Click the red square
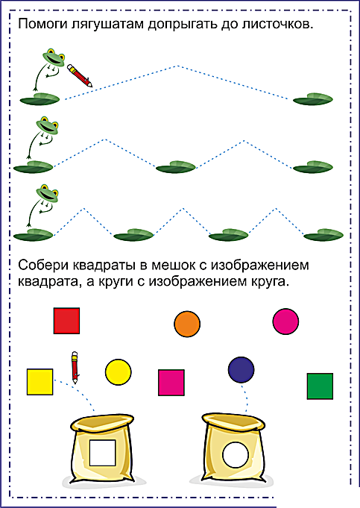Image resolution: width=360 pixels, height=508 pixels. click(x=66, y=321)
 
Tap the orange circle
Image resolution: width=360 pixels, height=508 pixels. click(x=187, y=324)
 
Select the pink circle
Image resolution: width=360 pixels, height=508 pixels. click(x=285, y=322)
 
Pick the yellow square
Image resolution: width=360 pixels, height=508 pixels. click(x=40, y=382)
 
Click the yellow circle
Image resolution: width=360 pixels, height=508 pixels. click(x=119, y=372)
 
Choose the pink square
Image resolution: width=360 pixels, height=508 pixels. click(x=171, y=383)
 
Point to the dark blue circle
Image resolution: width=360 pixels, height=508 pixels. click(x=241, y=370)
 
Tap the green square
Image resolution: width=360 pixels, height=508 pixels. click(x=320, y=386)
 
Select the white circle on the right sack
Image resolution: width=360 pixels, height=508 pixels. click(x=236, y=455)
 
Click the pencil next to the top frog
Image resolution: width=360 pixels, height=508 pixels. click(x=80, y=75)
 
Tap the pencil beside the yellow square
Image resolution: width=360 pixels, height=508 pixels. click(x=75, y=368)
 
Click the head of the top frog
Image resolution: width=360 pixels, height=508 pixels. click(x=54, y=58)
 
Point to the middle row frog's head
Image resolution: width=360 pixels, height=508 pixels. click(x=48, y=126)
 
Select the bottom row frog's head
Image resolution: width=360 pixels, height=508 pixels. click(x=48, y=193)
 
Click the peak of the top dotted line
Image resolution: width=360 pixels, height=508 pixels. click(x=177, y=66)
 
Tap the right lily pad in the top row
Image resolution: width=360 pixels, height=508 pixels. click(x=313, y=99)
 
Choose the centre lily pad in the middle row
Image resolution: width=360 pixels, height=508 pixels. click(x=176, y=167)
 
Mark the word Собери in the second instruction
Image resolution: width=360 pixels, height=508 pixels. click(x=44, y=266)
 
